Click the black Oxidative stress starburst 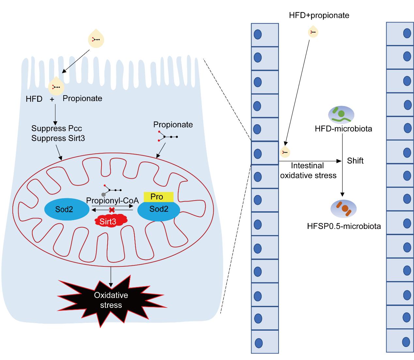click(111, 300)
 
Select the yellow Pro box click(159, 197)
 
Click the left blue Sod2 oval click(66, 209)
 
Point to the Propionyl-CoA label click(113, 200)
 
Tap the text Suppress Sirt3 click(58, 138)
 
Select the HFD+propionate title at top click(319, 15)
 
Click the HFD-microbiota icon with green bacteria click(341, 114)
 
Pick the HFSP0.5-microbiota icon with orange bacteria click(344, 209)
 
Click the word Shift click(355, 161)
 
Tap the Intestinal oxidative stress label click(308, 171)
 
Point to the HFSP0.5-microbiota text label click(344, 226)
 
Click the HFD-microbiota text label click(343, 128)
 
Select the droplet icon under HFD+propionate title click(313, 32)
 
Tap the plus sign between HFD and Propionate click(52, 99)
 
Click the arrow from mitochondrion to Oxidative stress click(111, 276)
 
